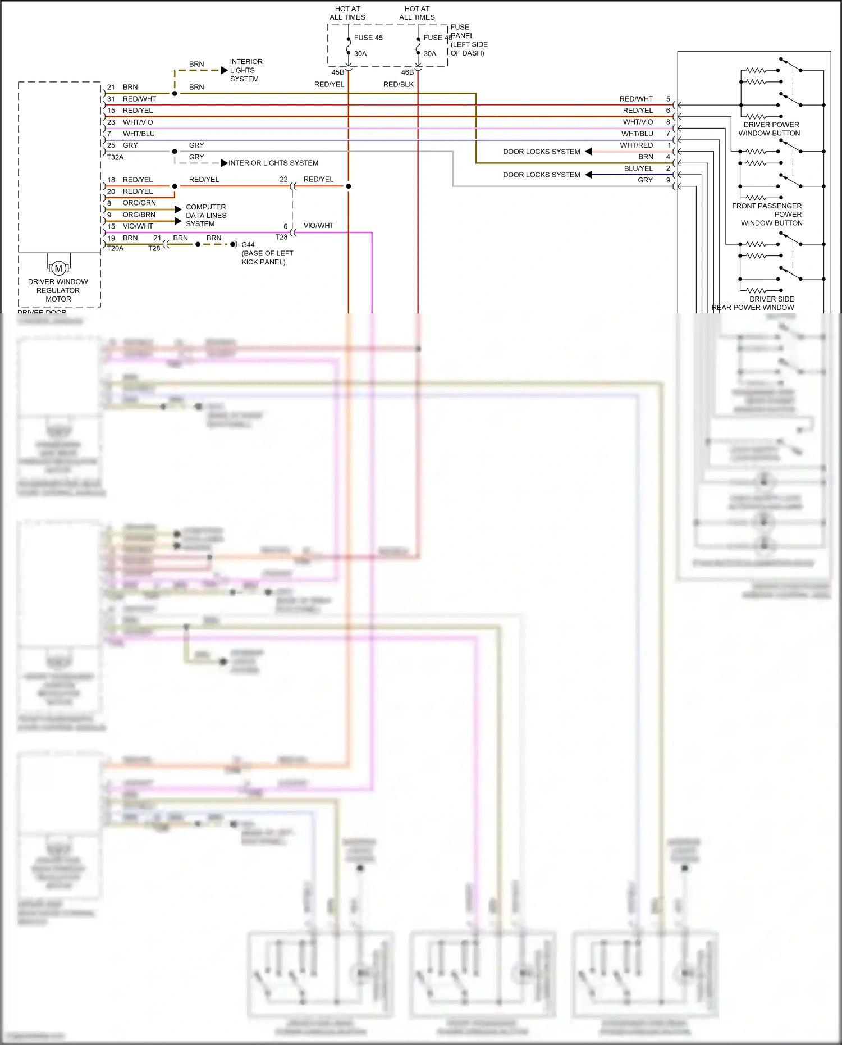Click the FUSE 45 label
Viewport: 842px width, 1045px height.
point(368,38)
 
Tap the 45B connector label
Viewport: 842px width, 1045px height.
point(337,72)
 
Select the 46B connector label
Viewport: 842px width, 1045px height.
point(407,72)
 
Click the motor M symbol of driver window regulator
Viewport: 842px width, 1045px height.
point(58,268)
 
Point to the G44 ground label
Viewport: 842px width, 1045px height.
point(248,245)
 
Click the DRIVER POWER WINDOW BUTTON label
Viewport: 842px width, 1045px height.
point(770,129)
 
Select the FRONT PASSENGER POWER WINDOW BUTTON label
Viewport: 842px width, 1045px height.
point(767,215)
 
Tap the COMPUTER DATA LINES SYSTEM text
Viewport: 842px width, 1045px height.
point(206,216)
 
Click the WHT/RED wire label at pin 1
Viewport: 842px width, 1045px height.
point(636,145)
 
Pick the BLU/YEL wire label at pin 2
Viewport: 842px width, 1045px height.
point(638,168)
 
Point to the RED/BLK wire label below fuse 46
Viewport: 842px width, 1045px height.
point(399,84)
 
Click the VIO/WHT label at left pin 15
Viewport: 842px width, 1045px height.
point(138,226)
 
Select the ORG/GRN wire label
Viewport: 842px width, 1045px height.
point(139,203)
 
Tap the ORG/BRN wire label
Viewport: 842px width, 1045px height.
point(139,215)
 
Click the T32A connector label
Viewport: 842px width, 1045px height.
point(115,158)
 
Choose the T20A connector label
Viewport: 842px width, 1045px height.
point(115,249)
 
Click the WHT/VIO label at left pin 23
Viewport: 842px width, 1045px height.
point(138,122)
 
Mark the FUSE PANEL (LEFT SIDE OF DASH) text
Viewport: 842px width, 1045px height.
point(469,40)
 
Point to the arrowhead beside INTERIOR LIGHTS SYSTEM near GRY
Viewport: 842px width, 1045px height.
point(224,163)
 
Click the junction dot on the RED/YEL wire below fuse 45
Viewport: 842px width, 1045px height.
point(349,186)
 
